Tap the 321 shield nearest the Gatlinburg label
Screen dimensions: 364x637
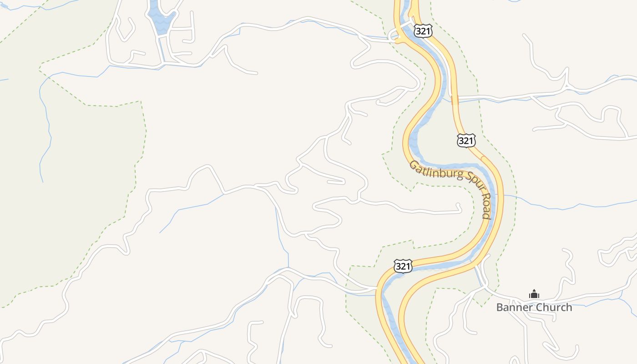coord(466,141)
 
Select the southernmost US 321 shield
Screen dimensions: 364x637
coord(403,266)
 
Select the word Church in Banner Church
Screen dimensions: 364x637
coord(555,308)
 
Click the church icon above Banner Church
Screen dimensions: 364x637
coord(534,294)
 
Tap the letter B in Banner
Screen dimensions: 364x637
coord(499,308)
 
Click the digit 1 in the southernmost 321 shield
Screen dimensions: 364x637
coord(409,267)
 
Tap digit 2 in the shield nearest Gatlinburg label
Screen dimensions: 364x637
coord(466,141)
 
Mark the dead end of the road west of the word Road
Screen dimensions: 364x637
coord(461,210)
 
